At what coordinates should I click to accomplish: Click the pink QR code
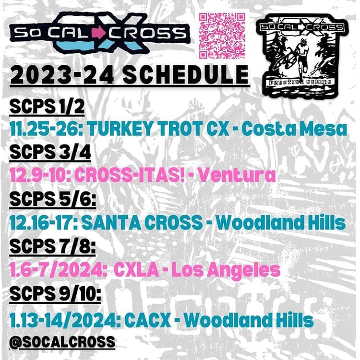[x=222, y=36]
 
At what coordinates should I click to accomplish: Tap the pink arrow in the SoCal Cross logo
[x=99, y=33]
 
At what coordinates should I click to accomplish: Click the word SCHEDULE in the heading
[x=186, y=75]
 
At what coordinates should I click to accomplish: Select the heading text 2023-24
[x=62, y=75]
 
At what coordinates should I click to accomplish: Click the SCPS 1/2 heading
[x=47, y=107]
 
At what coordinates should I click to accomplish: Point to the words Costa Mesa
[x=294, y=129]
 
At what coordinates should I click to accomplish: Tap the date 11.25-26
[x=47, y=129]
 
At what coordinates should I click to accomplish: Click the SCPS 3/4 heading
[x=50, y=152]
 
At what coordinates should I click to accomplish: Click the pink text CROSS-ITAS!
[x=130, y=175]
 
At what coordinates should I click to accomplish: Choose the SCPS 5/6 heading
[x=53, y=199]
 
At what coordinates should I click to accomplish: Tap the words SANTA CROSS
[x=142, y=222]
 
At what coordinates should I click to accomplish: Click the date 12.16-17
[x=44, y=222]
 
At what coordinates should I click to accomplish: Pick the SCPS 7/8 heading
[x=53, y=246]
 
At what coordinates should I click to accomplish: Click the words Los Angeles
[x=226, y=270]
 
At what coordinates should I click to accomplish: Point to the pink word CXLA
[x=136, y=270]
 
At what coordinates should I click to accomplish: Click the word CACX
[x=148, y=320]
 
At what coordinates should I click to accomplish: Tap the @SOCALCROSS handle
[x=62, y=342]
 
